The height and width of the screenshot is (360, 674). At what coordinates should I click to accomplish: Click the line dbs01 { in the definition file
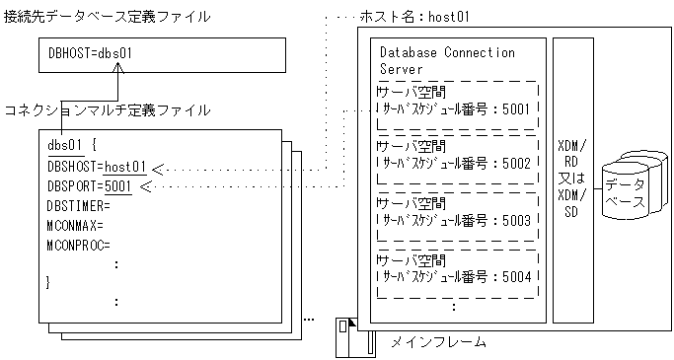[71, 146]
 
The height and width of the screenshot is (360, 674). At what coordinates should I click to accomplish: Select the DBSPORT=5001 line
[89, 185]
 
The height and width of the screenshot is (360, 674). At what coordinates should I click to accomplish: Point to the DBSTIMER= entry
[78, 205]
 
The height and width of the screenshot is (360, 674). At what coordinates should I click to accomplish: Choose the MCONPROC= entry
[78, 245]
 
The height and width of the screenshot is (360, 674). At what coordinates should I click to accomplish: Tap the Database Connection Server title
[447, 60]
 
